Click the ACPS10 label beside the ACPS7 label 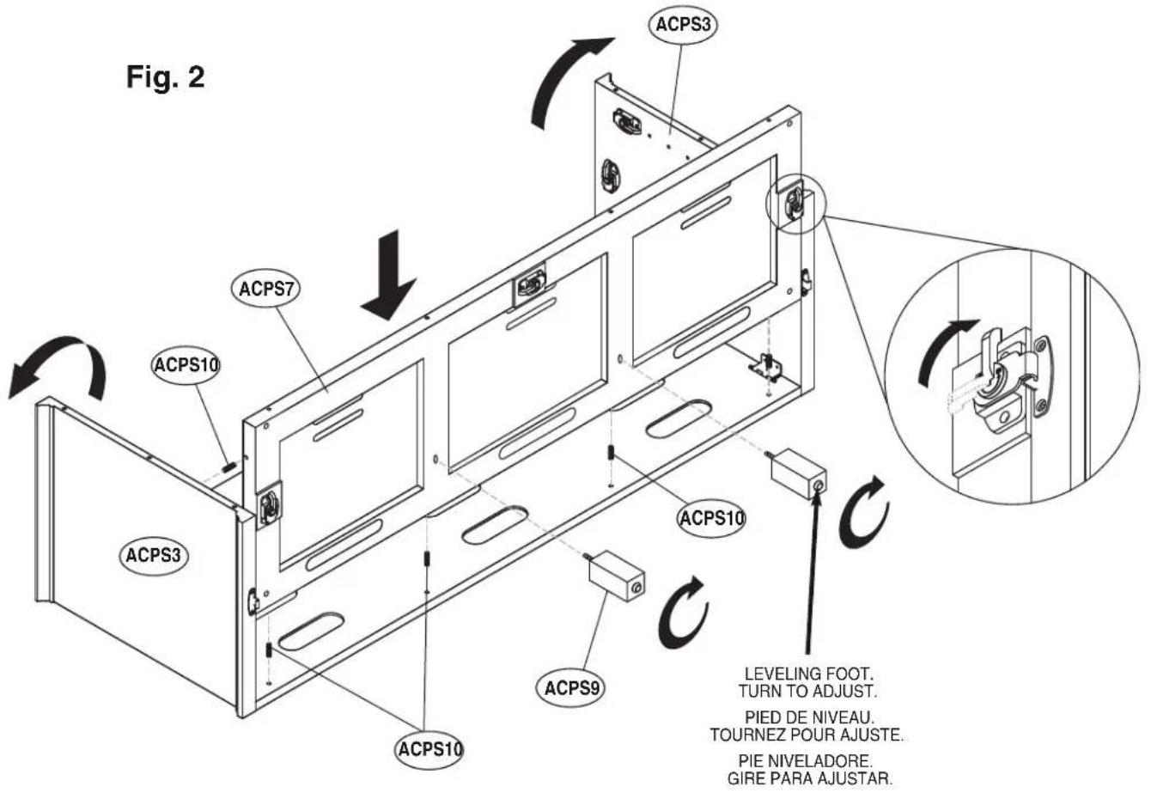pos(186,365)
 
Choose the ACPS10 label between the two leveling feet pos(710,518)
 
